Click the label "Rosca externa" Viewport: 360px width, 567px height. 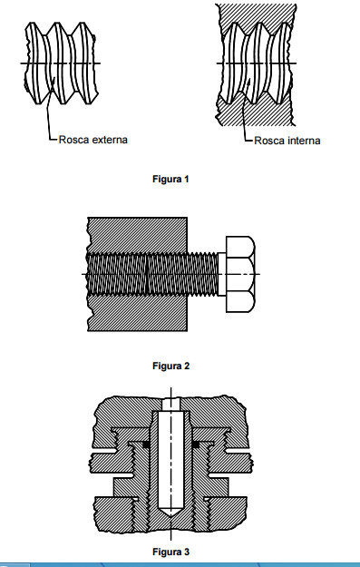(92, 140)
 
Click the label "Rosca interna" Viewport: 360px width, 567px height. (287, 141)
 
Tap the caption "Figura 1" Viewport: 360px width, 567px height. (170, 179)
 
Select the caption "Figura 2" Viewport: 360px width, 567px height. (171, 366)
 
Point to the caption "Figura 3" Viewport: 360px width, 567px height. (171, 552)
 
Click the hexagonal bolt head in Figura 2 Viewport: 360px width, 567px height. (240, 274)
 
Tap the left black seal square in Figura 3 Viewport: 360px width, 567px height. (146, 445)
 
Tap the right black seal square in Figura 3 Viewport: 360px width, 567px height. (196, 445)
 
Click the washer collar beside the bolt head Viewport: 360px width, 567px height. (222, 274)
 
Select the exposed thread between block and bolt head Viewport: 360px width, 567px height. (202, 274)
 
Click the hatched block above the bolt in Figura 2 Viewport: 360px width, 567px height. (137, 235)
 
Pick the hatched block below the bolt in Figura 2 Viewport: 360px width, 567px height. (137, 313)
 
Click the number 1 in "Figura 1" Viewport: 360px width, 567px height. (186, 179)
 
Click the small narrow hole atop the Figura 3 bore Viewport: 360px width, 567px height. (170, 405)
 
